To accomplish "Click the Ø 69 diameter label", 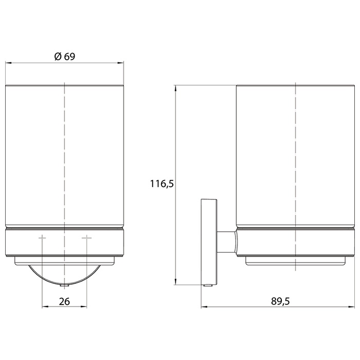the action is (x=65, y=56).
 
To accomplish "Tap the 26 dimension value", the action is (x=64, y=301).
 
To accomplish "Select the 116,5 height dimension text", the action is (x=162, y=184).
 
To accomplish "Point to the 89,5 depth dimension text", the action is (x=280, y=301).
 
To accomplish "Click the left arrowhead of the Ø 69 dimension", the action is (x=8, y=63).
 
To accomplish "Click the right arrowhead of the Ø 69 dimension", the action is (x=121, y=63).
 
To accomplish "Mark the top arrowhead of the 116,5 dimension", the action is (x=175, y=88).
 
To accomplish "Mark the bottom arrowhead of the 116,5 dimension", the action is (x=175, y=282).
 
